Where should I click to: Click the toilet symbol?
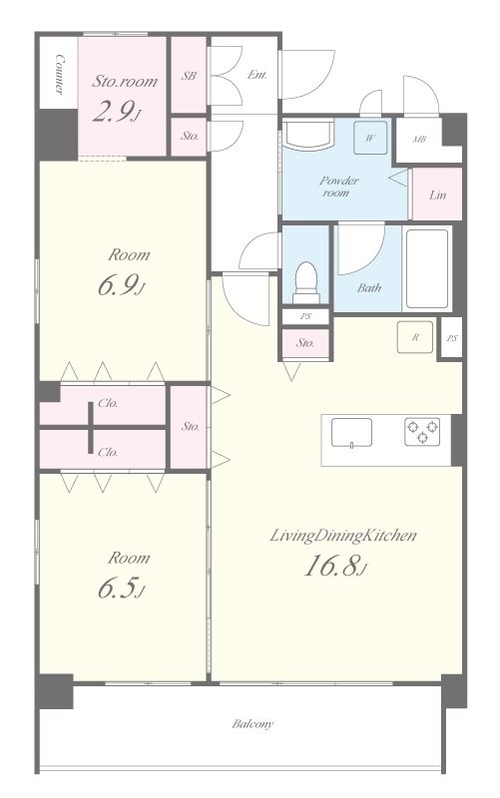pyautogui.click(x=306, y=282)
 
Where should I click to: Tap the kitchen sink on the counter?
pyautogui.click(x=351, y=433)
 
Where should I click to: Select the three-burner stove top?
pyautogui.click(x=422, y=432)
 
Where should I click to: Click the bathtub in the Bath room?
pyautogui.click(x=427, y=268)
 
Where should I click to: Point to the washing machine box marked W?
pyautogui.click(x=370, y=138)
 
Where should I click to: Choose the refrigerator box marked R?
pyautogui.click(x=415, y=337)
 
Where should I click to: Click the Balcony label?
pyautogui.click(x=252, y=723)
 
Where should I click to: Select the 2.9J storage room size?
pyautogui.click(x=116, y=112)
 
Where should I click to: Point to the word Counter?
pyautogui.click(x=60, y=74)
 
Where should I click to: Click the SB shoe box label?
pyautogui.click(x=189, y=76)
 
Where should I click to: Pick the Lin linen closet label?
pyautogui.click(x=437, y=195)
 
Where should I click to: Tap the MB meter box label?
pyautogui.click(x=419, y=139)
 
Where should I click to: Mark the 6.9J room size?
pyautogui.click(x=121, y=286)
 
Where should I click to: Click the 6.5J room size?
pyautogui.click(x=121, y=589)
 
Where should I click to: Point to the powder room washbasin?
pyautogui.click(x=307, y=136)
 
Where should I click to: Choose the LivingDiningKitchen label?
pyautogui.click(x=343, y=536)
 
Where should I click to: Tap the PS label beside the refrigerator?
pyautogui.click(x=452, y=337)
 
